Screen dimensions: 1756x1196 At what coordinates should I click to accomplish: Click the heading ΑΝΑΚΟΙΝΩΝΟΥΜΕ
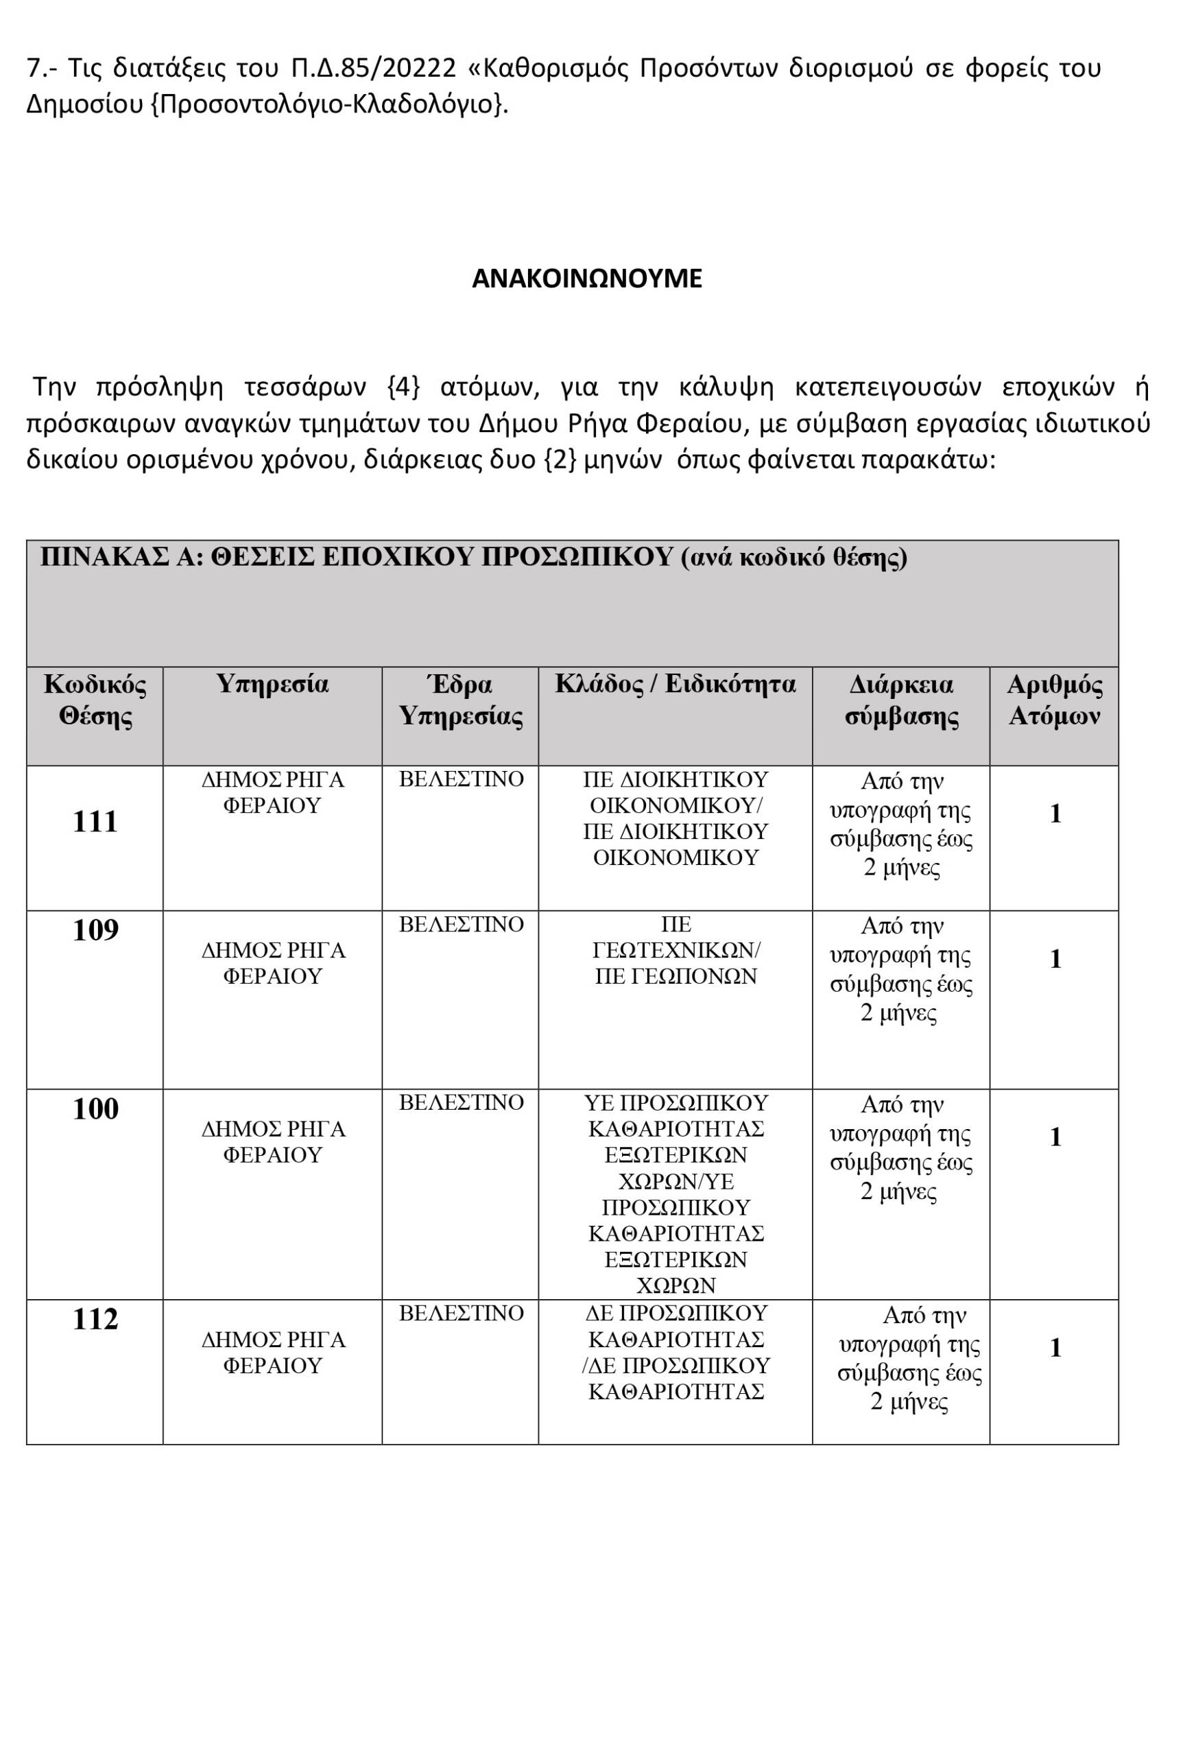(x=586, y=278)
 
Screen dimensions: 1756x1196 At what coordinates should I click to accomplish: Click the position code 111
(x=95, y=821)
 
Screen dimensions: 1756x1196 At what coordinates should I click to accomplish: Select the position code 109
(x=95, y=929)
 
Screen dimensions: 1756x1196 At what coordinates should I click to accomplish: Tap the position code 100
(x=95, y=1108)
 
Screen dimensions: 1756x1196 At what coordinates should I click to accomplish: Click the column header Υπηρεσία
(x=272, y=684)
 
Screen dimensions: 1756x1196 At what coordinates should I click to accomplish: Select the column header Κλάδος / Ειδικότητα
(x=675, y=684)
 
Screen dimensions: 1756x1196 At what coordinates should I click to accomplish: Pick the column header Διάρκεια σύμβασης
(x=900, y=700)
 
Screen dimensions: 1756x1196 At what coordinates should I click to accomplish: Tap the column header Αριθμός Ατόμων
(x=1054, y=700)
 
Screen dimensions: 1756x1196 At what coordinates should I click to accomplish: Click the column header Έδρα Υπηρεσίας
(x=460, y=700)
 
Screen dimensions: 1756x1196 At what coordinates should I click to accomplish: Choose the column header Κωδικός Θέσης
(x=95, y=700)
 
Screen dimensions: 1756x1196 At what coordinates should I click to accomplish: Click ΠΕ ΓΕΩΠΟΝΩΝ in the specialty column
(x=675, y=976)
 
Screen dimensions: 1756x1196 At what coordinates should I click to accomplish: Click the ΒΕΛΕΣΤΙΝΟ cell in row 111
(x=461, y=779)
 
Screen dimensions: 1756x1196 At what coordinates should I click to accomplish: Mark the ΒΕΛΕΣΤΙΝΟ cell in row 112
(x=461, y=1313)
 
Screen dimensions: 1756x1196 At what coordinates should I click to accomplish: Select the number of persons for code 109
(x=1055, y=959)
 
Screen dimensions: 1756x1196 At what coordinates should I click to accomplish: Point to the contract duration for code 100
(x=900, y=1148)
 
